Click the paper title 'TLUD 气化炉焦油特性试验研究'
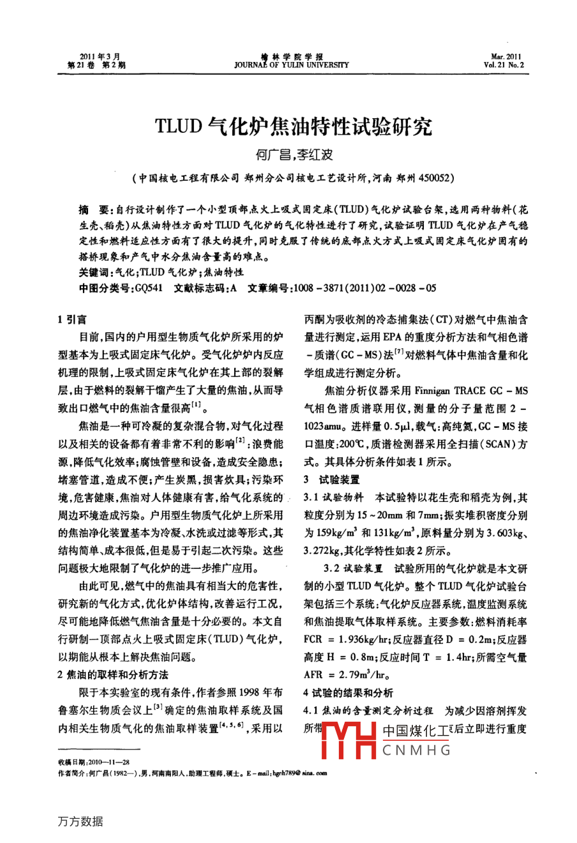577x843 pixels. (293, 126)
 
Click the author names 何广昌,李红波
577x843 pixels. (294, 155)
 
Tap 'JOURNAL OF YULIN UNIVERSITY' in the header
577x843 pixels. (292, 65)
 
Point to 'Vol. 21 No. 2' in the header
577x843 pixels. (504, 65)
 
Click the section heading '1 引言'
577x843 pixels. (73, 319)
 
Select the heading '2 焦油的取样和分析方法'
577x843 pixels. (113, 674)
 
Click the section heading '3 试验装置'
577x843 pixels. (332, 479)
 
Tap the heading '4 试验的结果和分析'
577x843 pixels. (348, 692)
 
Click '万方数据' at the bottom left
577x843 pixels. (80, 821)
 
